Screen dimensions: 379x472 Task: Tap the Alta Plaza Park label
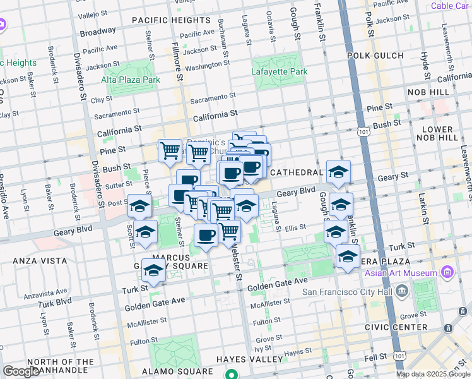pyautogui.click(x=131, y=80)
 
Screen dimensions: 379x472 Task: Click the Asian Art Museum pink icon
pyautogui.click(x=448, y=273)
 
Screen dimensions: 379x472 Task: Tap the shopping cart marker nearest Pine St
pyautogui.click(x=170, y=151)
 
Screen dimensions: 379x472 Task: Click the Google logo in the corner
pyautogui.click(x=20, y=371)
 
